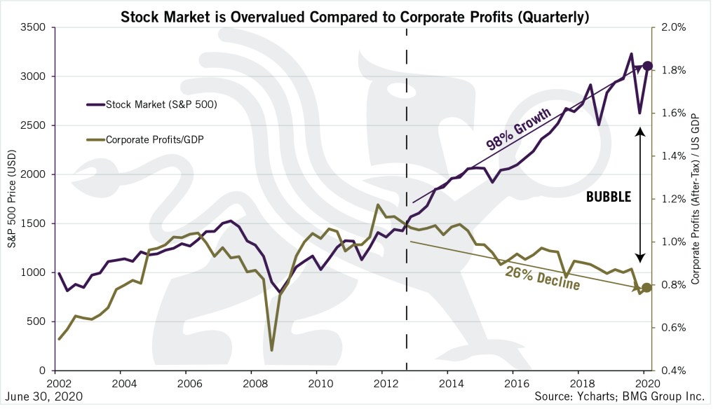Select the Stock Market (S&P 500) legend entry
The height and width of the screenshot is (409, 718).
tap(161, 105)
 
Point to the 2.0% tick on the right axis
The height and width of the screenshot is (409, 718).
tap(669, 28)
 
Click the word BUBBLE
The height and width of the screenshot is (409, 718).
tap(609, 198)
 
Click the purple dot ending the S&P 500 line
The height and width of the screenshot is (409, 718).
tap(648, 66)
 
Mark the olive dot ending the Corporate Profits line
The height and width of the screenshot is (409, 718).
tap(647, 287)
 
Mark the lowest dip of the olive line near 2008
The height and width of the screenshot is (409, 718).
tap(271, 349)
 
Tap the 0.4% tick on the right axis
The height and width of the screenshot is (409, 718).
tap(669, 370)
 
